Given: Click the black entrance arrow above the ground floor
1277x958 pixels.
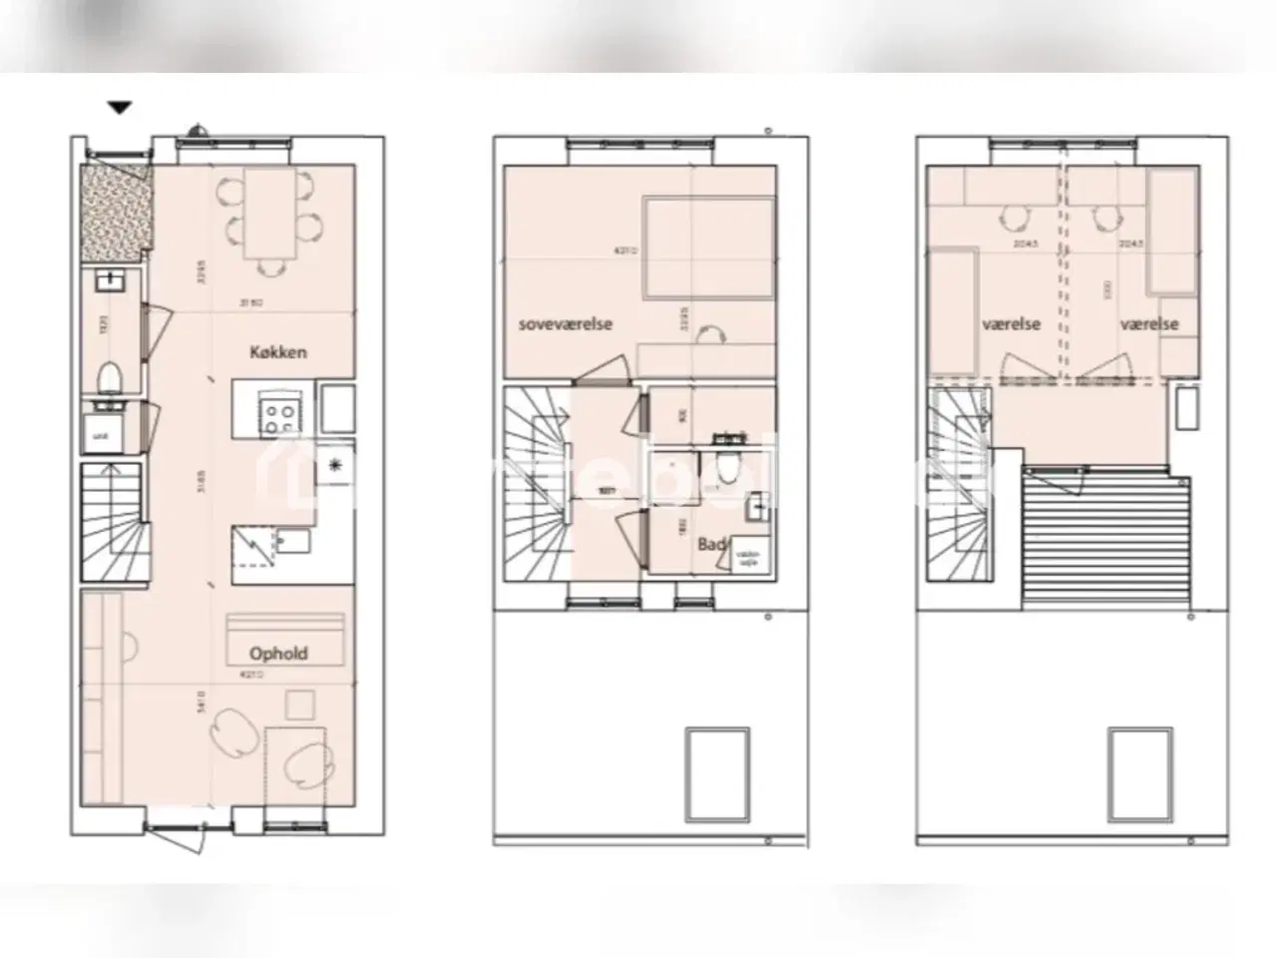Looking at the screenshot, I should [120, 108].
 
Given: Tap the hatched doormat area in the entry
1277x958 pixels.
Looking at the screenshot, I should [116, 208].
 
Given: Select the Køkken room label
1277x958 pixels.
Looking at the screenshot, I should [277, 351].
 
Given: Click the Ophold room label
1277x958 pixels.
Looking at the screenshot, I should [278, 654].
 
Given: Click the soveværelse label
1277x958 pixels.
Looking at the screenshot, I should [565, 324].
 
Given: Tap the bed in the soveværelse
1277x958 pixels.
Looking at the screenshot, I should [706, 247].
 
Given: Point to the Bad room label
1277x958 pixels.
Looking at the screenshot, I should [710, 544].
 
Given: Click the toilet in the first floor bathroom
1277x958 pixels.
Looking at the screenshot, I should [728, 463].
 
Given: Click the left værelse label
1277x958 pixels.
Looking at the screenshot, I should [1011, 324].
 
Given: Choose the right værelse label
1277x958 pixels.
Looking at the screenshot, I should [1148, 324].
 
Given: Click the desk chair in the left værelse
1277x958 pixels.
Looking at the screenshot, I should [1014, 217].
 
